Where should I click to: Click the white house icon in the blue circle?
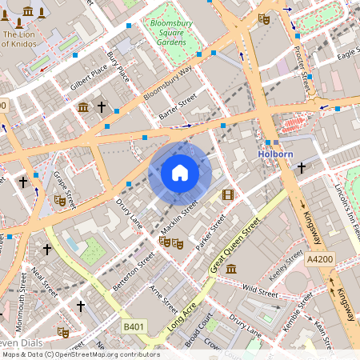(x=180, y=173)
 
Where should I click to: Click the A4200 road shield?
(x=318, y=259)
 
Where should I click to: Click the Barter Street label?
(x=177, y=109)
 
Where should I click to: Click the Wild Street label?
(x=260, y=286)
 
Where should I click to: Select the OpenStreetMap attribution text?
(x=80, y=354)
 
